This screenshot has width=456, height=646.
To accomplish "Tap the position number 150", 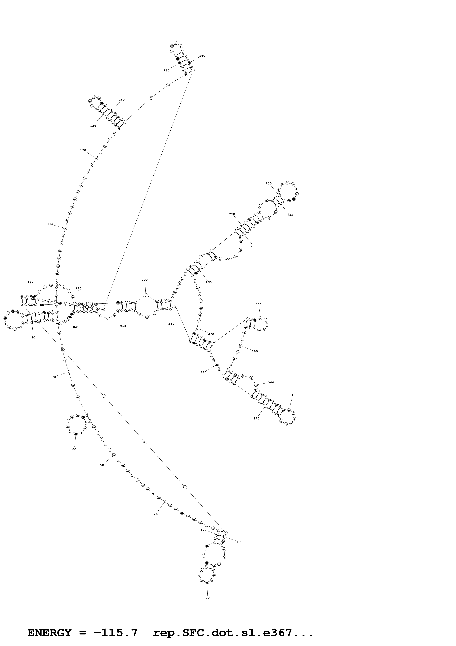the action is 166,71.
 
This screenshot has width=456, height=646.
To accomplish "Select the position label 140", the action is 122,100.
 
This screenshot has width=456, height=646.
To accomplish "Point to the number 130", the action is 93,126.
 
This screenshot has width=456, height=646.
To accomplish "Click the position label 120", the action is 83,150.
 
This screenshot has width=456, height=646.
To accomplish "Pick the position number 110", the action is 50,224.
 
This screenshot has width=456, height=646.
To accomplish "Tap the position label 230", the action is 269,183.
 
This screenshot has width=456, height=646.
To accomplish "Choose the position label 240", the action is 290,215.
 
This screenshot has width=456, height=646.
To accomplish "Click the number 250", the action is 253,246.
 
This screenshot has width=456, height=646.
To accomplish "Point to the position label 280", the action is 258,303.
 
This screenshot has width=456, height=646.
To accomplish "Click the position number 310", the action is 292,395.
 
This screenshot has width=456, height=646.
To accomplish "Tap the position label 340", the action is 171,324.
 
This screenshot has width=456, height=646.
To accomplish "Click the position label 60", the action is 74,449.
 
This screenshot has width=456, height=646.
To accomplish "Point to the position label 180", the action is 30,282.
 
